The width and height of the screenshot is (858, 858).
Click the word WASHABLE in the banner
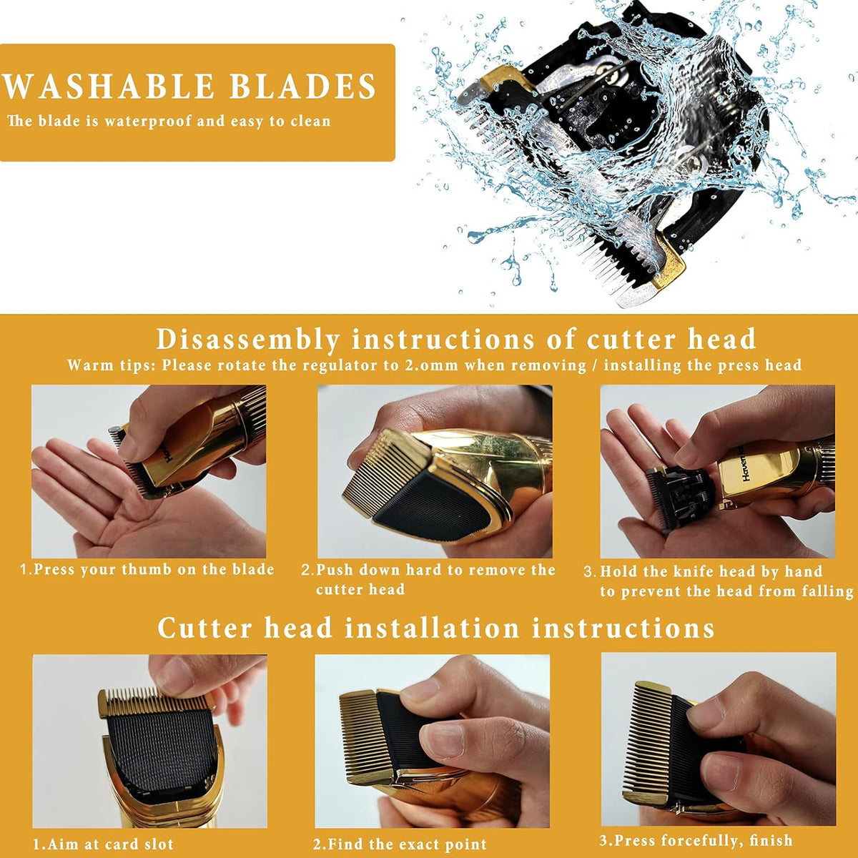(x=109, y=86)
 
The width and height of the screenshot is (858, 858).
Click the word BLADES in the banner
(x=302, y=86)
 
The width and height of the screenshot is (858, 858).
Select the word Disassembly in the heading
(x=248, y=340)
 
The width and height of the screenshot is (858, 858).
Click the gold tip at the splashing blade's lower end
(x=668, y=259)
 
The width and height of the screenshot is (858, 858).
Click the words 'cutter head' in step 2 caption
(x=360, y=589)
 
